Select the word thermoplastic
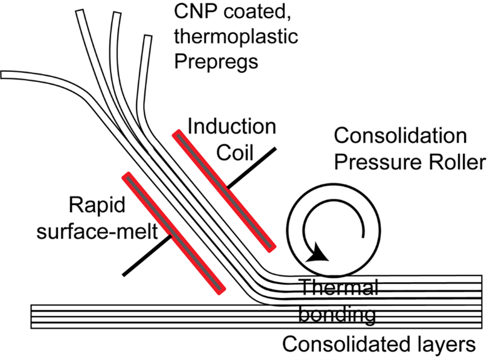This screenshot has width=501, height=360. click(x=236, y=37)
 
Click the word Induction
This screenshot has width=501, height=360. click(x=232, y=127)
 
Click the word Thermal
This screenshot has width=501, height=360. click(x=339, y=288)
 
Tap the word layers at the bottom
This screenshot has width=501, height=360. click(x=443, y=345)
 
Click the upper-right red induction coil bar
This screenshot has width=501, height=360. click(x=224, y=189)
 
